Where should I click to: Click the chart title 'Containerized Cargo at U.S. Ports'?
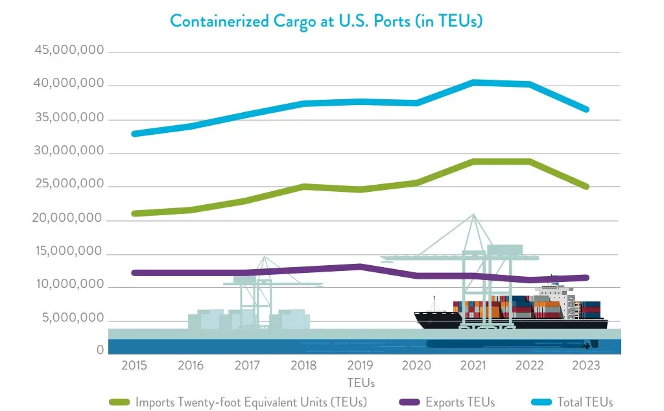(326, 21)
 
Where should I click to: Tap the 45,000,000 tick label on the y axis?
(67, 51)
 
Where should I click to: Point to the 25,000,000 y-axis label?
(67, 184)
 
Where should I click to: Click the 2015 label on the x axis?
(134, 366)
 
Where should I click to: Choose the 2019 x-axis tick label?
(361, 366)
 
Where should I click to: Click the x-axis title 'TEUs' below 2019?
(361, 382)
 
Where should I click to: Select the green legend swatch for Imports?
(120, 403)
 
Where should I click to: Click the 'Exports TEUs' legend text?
(460, 403)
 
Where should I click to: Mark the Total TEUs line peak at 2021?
(474, 82)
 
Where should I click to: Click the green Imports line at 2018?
(304, 187)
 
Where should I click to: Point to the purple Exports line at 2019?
(361, 266)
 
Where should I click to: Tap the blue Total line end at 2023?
(586, 110)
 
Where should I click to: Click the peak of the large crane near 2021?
(474, 215)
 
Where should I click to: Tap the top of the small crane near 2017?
(265, 257)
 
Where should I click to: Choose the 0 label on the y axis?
(100, 350)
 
